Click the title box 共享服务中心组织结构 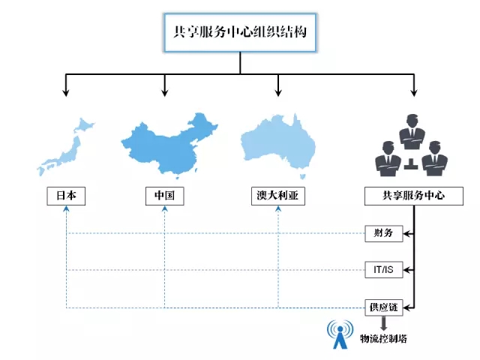click(240, 32)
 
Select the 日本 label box click(66, 196)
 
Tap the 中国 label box click(165, 196)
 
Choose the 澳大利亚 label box click(278, 196)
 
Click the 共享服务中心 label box click(414, 196)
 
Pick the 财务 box click(384, 233)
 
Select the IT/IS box click(384, 270)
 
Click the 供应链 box click(384, 307)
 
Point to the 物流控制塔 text click(383, 338)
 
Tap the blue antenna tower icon click(340, 334)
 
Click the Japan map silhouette click(66, 147)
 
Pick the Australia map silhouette click(278, 146)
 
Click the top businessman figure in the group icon click(412, 132)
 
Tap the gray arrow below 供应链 click(383, 323)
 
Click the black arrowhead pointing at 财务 click(406, 234)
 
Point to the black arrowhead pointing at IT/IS click(406, 270)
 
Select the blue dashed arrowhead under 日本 click(66, 208)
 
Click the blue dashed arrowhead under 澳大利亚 click(278, 208)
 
